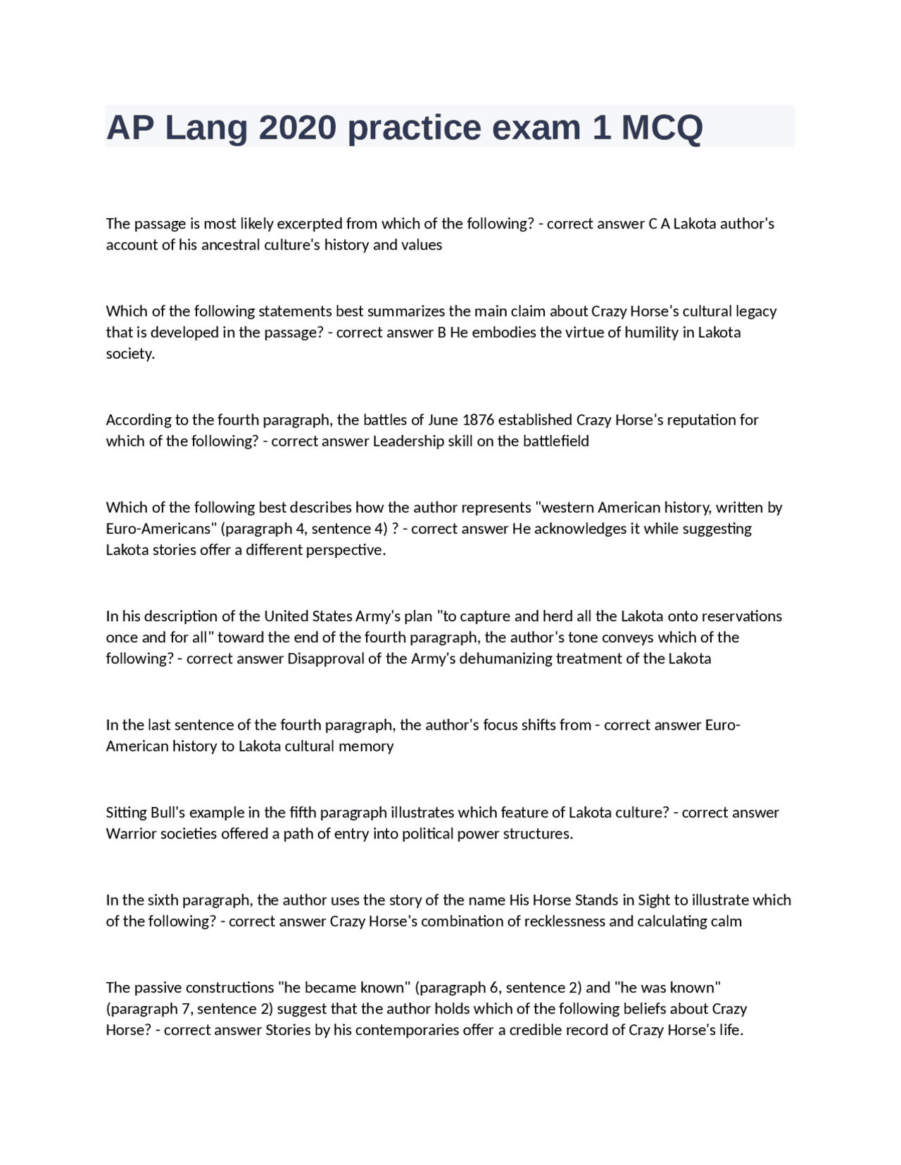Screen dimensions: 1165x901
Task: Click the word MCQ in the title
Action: pyautogui.click(x=661, y=127)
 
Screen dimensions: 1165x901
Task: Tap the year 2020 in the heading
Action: pyautogui.click(x=297, y=127)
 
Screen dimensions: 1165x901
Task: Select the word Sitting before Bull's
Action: pyautogui.click(x=126, y=813)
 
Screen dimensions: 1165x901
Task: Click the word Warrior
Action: pyautogui.click(x=129, y=834)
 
